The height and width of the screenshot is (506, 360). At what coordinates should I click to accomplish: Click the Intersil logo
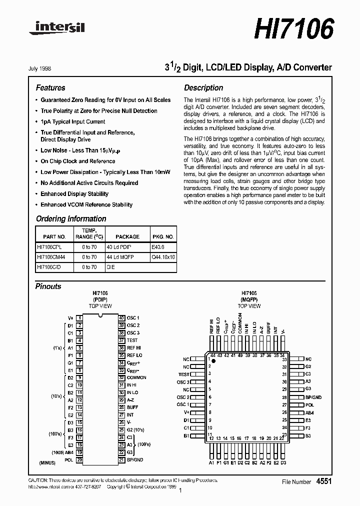coord(56,29)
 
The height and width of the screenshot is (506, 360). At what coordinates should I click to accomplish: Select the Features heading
coord(50,88)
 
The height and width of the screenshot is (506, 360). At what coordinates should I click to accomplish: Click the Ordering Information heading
coord(71,219)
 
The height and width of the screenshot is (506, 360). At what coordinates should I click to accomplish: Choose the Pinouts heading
coord(48,286)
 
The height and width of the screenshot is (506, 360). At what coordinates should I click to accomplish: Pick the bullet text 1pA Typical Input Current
coord(73,121)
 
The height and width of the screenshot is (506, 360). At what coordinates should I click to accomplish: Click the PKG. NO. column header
coord(163,236)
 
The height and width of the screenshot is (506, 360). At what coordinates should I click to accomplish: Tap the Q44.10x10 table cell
coord(163,257)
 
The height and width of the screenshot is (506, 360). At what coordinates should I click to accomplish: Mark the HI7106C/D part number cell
coord(49,267)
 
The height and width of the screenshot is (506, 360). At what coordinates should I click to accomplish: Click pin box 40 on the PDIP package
coord(121,318)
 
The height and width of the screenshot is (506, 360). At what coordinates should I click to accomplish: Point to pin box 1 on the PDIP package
coord(79,318)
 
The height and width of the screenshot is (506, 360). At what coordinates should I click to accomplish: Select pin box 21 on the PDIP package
coord(121,459)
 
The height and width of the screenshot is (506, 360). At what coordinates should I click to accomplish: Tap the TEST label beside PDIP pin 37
coord(132,340)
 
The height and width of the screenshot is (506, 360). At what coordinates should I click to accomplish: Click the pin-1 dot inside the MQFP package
coord(213,360)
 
